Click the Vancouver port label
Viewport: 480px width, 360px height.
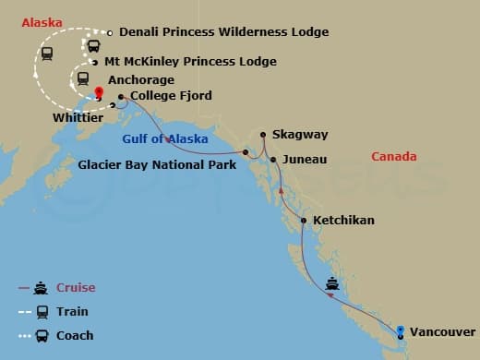[443, 330]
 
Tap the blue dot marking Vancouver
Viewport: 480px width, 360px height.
[400, 330]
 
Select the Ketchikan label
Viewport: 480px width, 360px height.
[343, 222]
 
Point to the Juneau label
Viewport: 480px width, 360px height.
[305, 160]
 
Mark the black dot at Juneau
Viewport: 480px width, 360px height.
[273, 161]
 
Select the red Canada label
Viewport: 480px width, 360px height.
[394, 157]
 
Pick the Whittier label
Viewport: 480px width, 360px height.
[77, 119]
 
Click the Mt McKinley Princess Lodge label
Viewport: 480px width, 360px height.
[190, 62]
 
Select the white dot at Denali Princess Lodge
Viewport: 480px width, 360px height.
[110, 33]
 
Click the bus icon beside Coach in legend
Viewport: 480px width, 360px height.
[41, 336]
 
